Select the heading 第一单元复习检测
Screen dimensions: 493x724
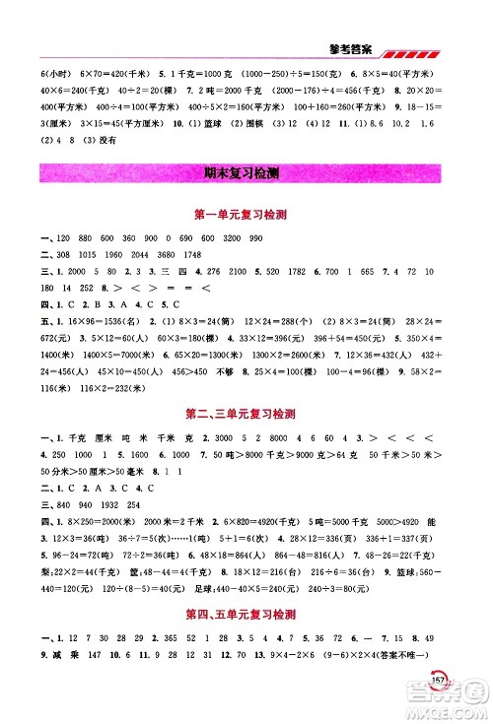[x=246, y=216]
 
